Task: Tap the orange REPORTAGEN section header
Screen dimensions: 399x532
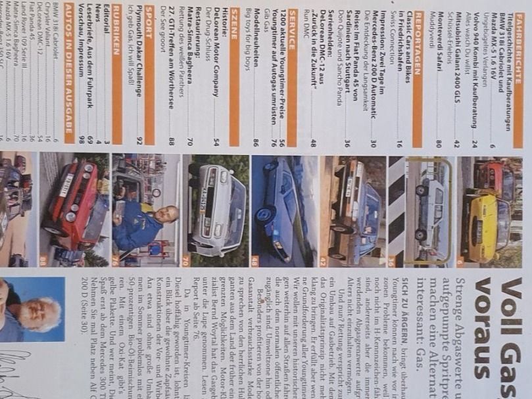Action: [x=416, y=72]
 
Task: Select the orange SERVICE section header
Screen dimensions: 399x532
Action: [x=291, y=72]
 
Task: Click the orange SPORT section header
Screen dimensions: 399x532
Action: [x=149, y=72]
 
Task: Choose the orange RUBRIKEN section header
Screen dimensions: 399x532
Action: [x=116, y=72]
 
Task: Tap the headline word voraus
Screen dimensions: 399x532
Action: [x=485, y=321]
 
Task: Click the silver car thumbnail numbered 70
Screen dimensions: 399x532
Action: [x=216, y=210]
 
